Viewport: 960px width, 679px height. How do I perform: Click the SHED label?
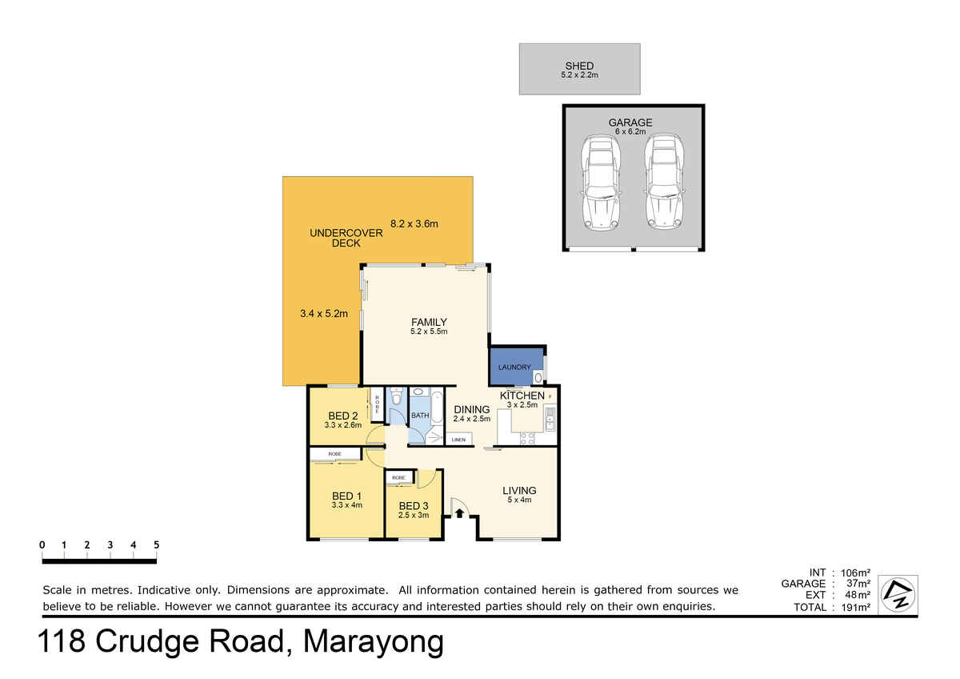579,66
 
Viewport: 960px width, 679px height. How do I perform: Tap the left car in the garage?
601,182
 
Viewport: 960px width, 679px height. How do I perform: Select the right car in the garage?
664,182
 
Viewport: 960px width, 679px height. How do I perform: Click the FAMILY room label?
429,322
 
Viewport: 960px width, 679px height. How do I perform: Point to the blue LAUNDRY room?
517,366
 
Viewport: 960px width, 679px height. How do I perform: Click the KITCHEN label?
522,396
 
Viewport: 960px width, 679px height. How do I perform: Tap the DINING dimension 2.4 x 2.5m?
472,419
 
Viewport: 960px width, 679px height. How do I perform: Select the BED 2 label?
343,416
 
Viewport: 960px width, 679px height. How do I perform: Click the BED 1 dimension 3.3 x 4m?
346,505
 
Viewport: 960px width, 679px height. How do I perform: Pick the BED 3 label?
414,506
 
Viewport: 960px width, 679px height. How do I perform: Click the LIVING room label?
519,490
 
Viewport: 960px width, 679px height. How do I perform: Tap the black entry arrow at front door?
459,512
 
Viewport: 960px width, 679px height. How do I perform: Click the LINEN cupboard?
458,440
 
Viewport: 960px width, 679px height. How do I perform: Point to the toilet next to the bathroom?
397,397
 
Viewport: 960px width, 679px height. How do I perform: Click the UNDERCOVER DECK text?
346,238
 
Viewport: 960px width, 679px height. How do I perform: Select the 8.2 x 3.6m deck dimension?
414,223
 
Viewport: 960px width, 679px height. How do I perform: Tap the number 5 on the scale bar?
157,544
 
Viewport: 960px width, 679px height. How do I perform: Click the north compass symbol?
898,594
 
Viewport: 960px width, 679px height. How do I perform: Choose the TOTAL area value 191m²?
855,607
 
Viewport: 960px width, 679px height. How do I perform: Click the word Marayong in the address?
374,641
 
